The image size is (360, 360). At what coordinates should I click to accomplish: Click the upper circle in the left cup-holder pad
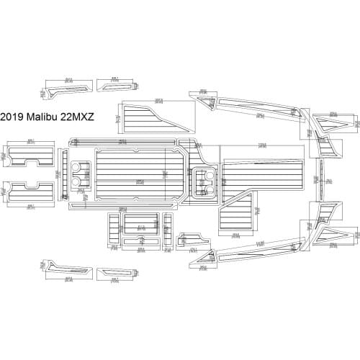click(x=78, y=169)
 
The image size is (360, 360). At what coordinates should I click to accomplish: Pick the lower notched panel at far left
click(x=31, y=192)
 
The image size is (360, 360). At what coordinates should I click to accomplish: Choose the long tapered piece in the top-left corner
click(x=65, y=89)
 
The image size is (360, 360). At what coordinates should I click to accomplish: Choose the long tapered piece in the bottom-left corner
click(x=65, y=271)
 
